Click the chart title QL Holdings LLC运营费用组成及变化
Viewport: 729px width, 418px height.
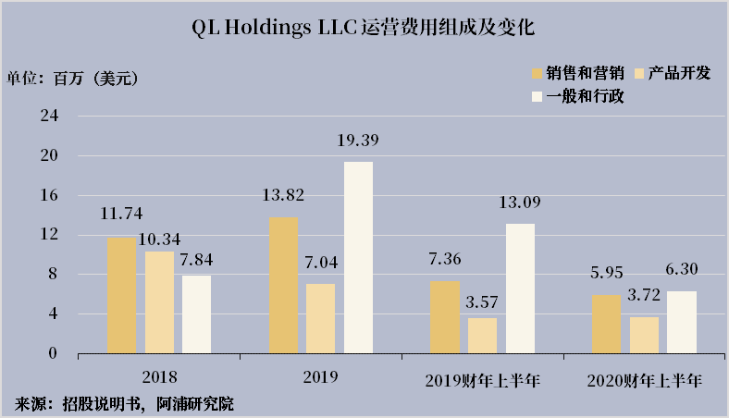tap(364, 29)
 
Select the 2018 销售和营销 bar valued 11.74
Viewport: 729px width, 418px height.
tap(121, 295)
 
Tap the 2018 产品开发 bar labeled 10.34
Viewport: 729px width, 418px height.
tap(159, 301)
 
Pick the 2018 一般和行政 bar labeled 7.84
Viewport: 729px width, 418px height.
tap(196, 313)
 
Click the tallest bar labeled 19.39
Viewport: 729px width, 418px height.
tap(358, 257)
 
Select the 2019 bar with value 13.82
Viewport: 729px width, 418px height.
tap(283, 285)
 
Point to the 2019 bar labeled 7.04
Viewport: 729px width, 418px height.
tap(320, 318)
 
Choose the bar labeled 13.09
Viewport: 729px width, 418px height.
tap(520, 288)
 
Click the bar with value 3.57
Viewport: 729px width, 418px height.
tap(482, 335)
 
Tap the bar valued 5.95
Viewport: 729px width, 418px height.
tap(607, 324)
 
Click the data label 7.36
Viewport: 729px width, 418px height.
tap(444, 260)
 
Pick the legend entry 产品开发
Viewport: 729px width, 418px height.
tap(671, 73)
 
